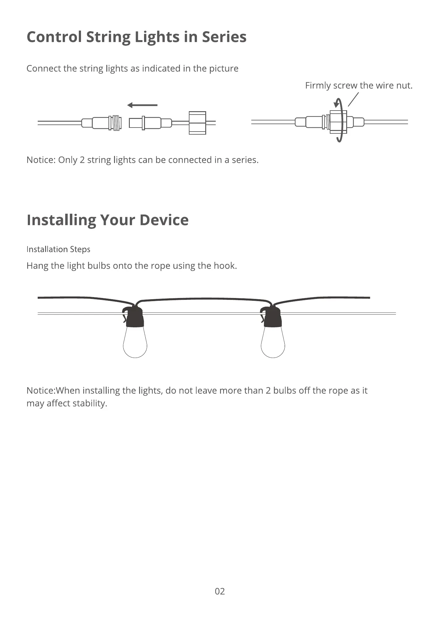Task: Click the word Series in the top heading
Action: click(224, 37)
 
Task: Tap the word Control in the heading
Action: click(54, 37)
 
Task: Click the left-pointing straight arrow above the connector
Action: click(142, 105)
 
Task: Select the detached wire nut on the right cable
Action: click(197, 123)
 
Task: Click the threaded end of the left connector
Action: click(116, 123)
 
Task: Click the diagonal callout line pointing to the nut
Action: click(353, 99)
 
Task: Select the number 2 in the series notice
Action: click(82, 160)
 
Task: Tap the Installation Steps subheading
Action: click(58, 249)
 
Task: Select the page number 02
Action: click(220, 591)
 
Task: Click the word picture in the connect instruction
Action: click(223, 69)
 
